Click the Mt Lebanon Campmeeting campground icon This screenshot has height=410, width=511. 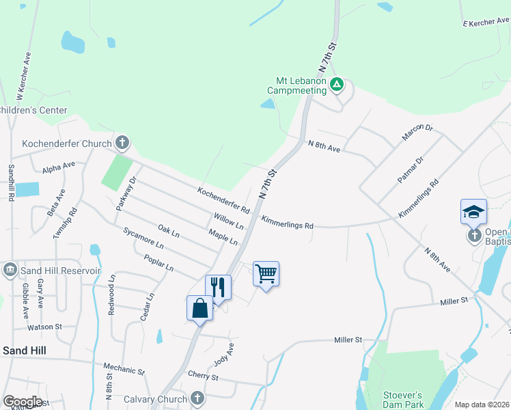click(x=336, y=85)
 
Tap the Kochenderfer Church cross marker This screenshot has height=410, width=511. click(x=122, y=143)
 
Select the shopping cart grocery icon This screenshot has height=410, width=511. click(x=266, y=273)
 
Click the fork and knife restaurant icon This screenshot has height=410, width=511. click(x=218, y=286)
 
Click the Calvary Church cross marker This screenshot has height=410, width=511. click(x=197, y=398)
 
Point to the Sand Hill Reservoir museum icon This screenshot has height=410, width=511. click(x=10, y=270)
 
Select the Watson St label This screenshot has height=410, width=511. click(x=45, y=327)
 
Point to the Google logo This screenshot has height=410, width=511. click(x=23, y=401)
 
